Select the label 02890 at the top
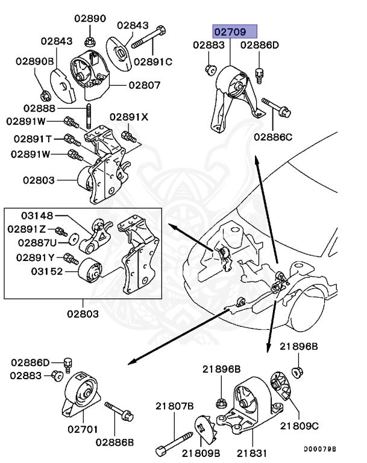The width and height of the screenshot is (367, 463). pyautogui.click(x=89, y=18)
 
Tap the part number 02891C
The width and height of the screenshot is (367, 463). pyautogui.click(x=153, y=61)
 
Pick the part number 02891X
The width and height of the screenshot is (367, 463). pyautogui.click(x=128, y=117)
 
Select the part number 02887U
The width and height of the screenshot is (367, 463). pyautogui.click(x=37, y=242)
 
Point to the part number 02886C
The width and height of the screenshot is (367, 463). pyautogui.click(x=272, y=137)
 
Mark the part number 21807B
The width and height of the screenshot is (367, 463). pyautogui.click(x=175, y=406)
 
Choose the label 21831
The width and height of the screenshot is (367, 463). pyautogui.click(x=249, y=452)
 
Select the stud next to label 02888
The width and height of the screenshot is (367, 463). pyautogui.click(x=89, y=115)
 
